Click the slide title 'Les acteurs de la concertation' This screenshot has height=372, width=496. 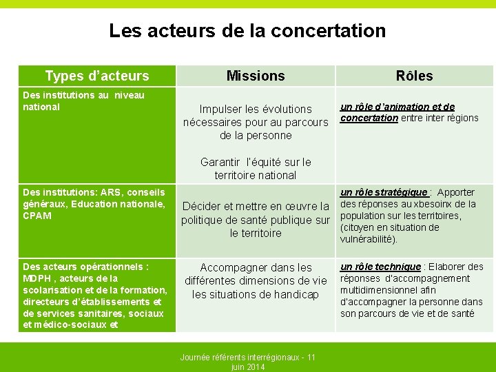pyautogui.click(x=247, y=31)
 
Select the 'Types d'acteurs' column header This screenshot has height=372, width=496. pyautogui.click(x=96, y=76)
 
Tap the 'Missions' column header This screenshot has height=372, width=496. pyautogui.click(x=256, y=76)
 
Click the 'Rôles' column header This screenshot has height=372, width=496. pyautogui.click(x=414, y=76)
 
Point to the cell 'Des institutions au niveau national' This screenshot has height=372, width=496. pyautogui.click(x=83, y=101)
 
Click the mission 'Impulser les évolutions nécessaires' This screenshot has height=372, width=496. pyautogui.click(x=256, y=122)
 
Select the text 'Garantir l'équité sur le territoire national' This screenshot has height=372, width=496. pyautogui.click(x=256, y=169)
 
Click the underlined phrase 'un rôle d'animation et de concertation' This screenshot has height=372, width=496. pyautogui.click(x=397, y=112)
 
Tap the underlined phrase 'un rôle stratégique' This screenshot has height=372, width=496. pyautogui.click(x=384, y=192)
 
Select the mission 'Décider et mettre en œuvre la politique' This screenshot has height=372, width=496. pyautogui.click(x=256, y=220)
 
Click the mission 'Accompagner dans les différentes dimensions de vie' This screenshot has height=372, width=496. pyautogui.click(x=256, y=280)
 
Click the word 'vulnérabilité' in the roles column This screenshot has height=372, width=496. pyautogui.click(x=367, y=239)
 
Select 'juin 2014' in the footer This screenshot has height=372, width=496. pyautogui.click(x=247, y=367)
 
